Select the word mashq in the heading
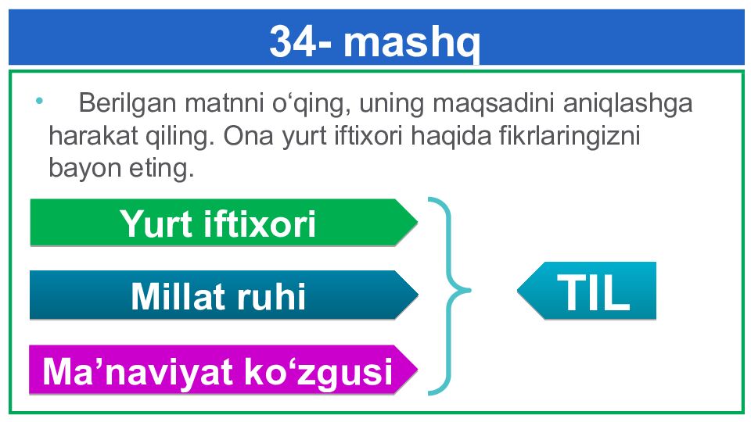pos(411,44)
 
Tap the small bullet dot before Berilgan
pos(39,101)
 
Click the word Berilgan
pos(128,103)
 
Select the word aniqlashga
pos(628,103)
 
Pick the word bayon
pos(84,169)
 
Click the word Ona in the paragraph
pos(248,136)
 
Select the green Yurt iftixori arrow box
pos(224,223)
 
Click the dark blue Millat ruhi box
pos(224,295)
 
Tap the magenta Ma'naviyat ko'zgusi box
pos(223,370)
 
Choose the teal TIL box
pos(587,291)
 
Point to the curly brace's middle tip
pos(470,290)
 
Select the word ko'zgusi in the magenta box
pos(318,372)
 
